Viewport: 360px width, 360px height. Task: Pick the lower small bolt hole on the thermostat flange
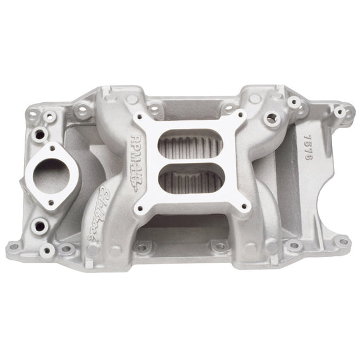pyautogui.click(x=41, y=224)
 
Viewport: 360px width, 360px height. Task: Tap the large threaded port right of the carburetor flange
pyautogui.click(x=270, y=117)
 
